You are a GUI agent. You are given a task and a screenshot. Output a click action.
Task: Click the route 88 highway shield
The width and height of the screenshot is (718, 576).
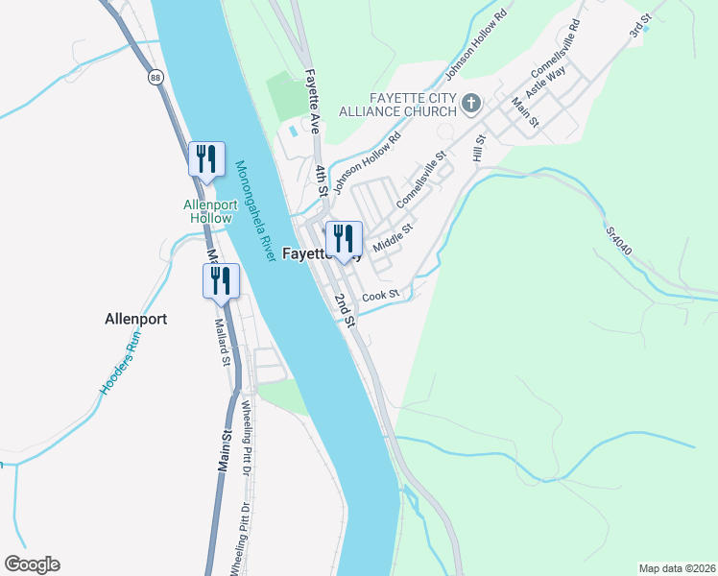click(155, 78)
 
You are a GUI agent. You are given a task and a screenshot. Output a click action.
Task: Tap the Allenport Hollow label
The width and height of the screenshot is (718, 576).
click(208, 211)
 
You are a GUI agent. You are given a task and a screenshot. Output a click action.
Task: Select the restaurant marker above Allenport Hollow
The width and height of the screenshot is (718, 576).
click(206, 158)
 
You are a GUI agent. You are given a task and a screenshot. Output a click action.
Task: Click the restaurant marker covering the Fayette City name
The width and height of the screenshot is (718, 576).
click(343, 240)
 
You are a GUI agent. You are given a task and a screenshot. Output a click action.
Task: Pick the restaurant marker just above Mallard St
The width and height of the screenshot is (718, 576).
click(221, 281)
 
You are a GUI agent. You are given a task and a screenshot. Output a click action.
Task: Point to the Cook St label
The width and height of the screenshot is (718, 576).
click(380, 296)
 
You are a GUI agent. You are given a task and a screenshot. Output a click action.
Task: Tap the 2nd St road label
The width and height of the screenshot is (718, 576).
click(345, 309)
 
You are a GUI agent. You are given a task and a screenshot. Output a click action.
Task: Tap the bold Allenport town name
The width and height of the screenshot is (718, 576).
click(135, 319)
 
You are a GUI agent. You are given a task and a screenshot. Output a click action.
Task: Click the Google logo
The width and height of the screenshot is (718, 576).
click(32, 564)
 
